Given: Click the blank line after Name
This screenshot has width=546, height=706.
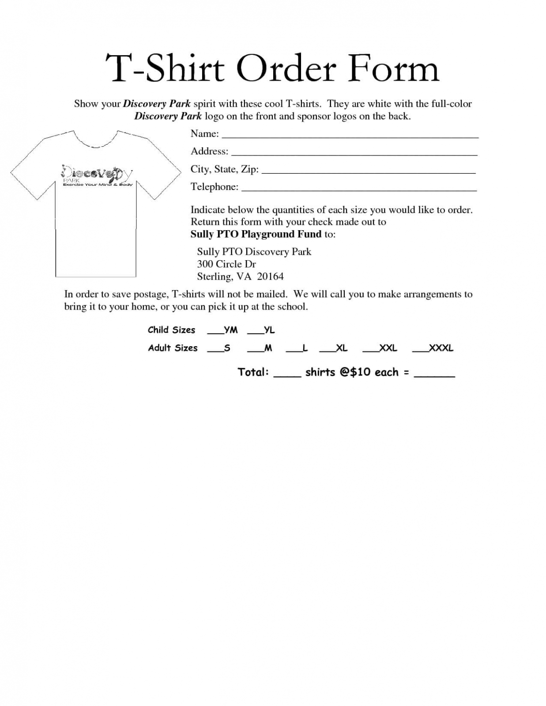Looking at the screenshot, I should (350, 137).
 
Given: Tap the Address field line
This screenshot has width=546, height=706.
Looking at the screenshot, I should (354, 154).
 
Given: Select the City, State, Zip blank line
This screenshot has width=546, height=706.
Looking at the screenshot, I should (369, 172).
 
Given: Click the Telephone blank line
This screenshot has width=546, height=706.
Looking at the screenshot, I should (359, 190).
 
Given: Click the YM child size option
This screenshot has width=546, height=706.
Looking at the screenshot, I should (223, 330).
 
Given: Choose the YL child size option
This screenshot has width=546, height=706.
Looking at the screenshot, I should (261, 330).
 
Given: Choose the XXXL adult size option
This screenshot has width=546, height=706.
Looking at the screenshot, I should (433, 348).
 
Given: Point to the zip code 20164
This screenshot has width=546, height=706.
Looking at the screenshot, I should (270, 276).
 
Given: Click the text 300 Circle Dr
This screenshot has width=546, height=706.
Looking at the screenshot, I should (226, 264).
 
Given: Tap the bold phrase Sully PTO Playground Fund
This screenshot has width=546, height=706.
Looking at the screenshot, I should (256, 234).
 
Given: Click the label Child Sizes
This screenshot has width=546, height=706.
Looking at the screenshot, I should (171, 330).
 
